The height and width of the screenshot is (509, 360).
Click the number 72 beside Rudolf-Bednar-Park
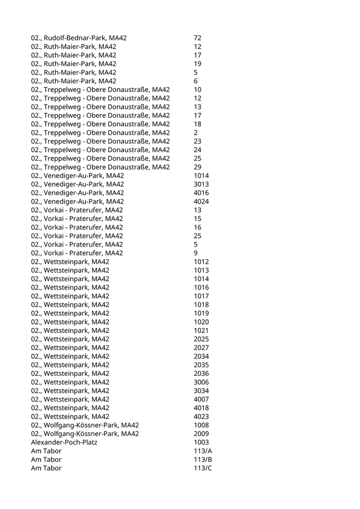pyautogui.click(x=197, y=38)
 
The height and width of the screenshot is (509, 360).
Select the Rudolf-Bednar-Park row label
pyautogui.click(x=79, y=38)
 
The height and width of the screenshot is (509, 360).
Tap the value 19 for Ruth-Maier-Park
pyautogui.click(x=197, y=64)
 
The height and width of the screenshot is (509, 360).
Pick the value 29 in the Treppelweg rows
pyautogui.click(x=197, y=167)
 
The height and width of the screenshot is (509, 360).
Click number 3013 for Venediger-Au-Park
pyautogui.click(x=201, y=184)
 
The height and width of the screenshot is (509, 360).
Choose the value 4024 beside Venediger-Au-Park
pyautogui.click(x=201, y=202)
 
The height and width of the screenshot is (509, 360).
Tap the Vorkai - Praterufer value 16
pyautogui.click(x=197, y=227)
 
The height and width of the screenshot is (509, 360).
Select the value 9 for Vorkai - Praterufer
pyautogui.click(x=195, y=253)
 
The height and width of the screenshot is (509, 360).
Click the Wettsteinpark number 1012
pyautogui.click(x=201, y=262)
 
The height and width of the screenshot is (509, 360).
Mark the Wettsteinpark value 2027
pyautogui.click(x=201, y=348)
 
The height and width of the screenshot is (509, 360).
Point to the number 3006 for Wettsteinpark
pyautogui.click(x=201, y=382)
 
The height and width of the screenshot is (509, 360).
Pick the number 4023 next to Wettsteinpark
pyautogui.click(x=201, y=416)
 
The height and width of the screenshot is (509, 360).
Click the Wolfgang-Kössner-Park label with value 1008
pyautogui.click(x=85, y=425)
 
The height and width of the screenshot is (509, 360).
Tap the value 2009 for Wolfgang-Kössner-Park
pyautogui.click(x=201, y=434)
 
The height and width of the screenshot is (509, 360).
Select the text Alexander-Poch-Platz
pyautogui.click(x=64, y=442)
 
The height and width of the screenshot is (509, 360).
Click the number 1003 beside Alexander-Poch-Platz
pyautogui.click(x=201, y=442)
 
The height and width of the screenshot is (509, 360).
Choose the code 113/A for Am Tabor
pyautogui.click(x=203, y=451)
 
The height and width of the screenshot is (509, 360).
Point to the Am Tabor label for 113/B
pyautogui.click(x=46, y=460)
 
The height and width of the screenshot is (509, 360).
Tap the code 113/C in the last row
pyautogui.click(x=203, y=468)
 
